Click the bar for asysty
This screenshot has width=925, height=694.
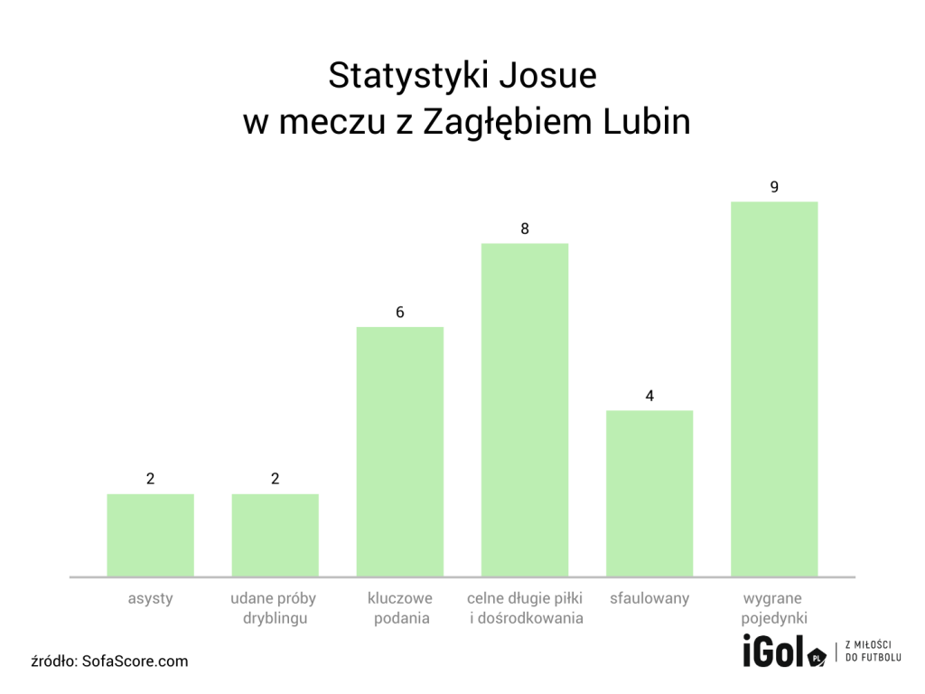pos(150,535)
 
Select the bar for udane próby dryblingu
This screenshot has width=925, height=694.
pos(275,535)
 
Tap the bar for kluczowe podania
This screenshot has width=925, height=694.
pos(399,452)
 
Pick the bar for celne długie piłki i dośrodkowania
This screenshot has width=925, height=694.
pos(524,409)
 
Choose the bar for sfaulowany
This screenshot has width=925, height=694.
pos(649,493)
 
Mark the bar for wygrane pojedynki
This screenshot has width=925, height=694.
pos(773,389)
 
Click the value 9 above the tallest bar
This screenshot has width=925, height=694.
pos(774,187)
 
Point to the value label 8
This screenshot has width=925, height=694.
pos(524,229)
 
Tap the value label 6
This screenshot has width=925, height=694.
pos(399,313)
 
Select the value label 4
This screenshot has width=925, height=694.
pos(649,396)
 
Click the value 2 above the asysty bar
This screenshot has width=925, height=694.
pos(150,479)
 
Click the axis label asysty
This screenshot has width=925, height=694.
pos(150,598)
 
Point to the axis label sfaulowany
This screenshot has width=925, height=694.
pos(649,598)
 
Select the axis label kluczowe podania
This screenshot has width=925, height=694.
pos(399,608)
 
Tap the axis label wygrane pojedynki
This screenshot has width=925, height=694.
pos(773,608)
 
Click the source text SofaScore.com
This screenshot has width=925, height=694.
pos(135,661)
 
